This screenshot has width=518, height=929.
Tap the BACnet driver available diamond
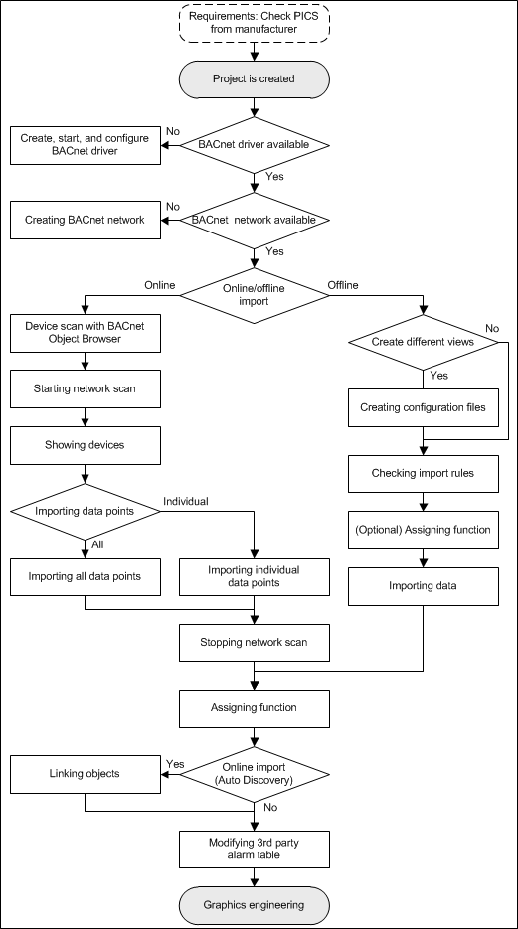[256, 145]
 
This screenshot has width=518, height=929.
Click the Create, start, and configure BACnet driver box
[85, 145]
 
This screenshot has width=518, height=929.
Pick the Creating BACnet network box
[85, 221]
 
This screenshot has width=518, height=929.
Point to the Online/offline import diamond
[256, 296]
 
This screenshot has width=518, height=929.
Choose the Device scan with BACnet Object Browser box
[85, 334]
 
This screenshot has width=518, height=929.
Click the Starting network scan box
[85, 389]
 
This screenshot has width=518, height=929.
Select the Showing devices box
[85, 445]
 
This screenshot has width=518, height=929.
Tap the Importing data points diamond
[85, 511]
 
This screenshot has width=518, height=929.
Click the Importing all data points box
[85, 577]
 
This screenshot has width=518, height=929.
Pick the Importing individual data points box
[255, 577]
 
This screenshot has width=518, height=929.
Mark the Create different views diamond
[423, 342]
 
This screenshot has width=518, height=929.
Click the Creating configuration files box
[423, 407]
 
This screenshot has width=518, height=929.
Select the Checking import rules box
[423, 474]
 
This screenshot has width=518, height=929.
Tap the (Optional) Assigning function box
[423, 530]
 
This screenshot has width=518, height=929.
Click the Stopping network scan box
[255, 642]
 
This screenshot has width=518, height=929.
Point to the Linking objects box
[85, 774]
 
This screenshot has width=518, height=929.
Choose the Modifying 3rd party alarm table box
[255, 850]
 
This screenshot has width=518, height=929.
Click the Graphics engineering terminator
[255, 905]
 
